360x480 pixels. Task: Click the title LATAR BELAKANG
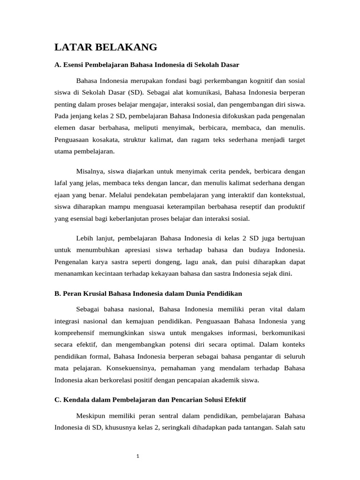105,47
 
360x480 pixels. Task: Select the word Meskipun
91,415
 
